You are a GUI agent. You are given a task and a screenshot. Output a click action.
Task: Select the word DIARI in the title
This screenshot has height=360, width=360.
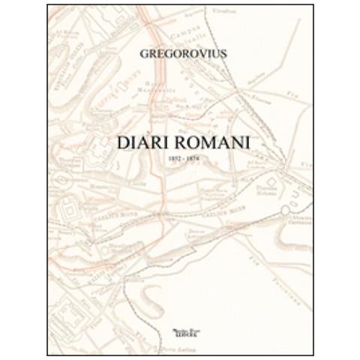click(139, 143)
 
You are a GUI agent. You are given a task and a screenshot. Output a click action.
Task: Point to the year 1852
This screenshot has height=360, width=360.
click(172, 160)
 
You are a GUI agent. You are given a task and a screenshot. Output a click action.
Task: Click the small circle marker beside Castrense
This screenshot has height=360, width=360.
click(286, 212)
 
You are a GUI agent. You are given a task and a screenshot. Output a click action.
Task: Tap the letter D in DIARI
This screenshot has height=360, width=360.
click(119, 143)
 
